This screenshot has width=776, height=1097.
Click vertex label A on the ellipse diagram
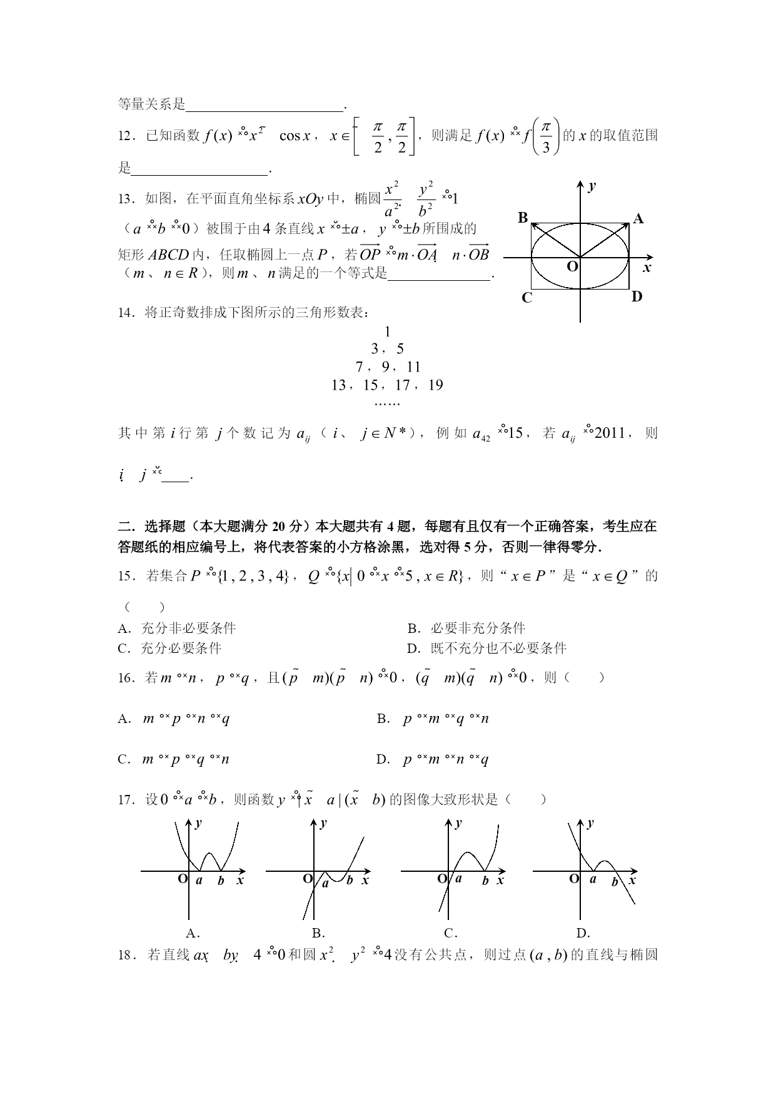point(638,218)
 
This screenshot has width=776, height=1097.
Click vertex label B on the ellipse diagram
point(523,218)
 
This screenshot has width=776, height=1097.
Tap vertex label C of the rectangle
point(527,298)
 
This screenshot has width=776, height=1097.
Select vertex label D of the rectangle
point(637,296)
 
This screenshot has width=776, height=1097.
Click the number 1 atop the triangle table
point(388,331)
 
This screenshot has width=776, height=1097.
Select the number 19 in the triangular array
point(435,385)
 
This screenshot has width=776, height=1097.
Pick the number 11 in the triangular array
point(413,367)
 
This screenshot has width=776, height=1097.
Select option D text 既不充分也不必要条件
point(498,648)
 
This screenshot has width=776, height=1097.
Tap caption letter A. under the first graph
point(193,933)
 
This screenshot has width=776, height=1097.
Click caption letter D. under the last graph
point(583,933)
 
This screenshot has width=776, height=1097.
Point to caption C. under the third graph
point(450,933)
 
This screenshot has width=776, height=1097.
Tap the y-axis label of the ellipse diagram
point(592,186)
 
